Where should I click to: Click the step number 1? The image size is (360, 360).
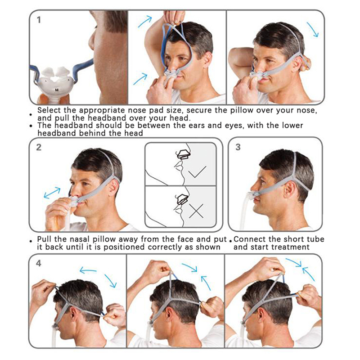pos(39,20)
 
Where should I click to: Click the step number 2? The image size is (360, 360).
pos(39,147)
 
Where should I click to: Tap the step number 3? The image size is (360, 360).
pos(238,147)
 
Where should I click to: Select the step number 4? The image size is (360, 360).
pos(39,263)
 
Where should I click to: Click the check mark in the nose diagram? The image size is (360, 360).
pos(197,171)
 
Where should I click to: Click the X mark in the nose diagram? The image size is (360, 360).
pos(196,211)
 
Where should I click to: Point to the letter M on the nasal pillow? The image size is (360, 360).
pos(57,90)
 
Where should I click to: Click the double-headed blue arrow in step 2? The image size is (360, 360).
pos(52,193)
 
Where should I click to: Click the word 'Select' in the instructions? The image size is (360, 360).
pos(49,110)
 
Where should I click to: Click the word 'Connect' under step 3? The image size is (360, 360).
pos(250,239)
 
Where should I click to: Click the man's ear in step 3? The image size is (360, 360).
pos(289,189)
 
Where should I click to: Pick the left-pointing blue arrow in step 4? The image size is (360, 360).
pos(88,270)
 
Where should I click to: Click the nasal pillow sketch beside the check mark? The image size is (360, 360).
pos(184,154)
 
